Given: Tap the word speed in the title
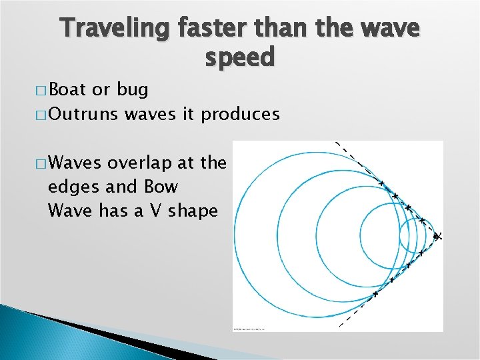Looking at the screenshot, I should pos(239,58).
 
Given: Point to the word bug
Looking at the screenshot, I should pos(133,89).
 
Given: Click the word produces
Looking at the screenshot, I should pos(241,114).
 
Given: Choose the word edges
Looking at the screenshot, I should pos(71,187).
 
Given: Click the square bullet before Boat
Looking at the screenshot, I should pos(43,90).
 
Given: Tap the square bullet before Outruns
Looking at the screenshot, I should pos(43,115).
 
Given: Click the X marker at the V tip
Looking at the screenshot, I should pos(437,236).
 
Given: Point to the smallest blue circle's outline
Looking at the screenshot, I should pos(400,235).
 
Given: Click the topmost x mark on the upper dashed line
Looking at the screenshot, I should pos(382,183).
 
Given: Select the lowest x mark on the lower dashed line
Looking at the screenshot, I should pos(375,293).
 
